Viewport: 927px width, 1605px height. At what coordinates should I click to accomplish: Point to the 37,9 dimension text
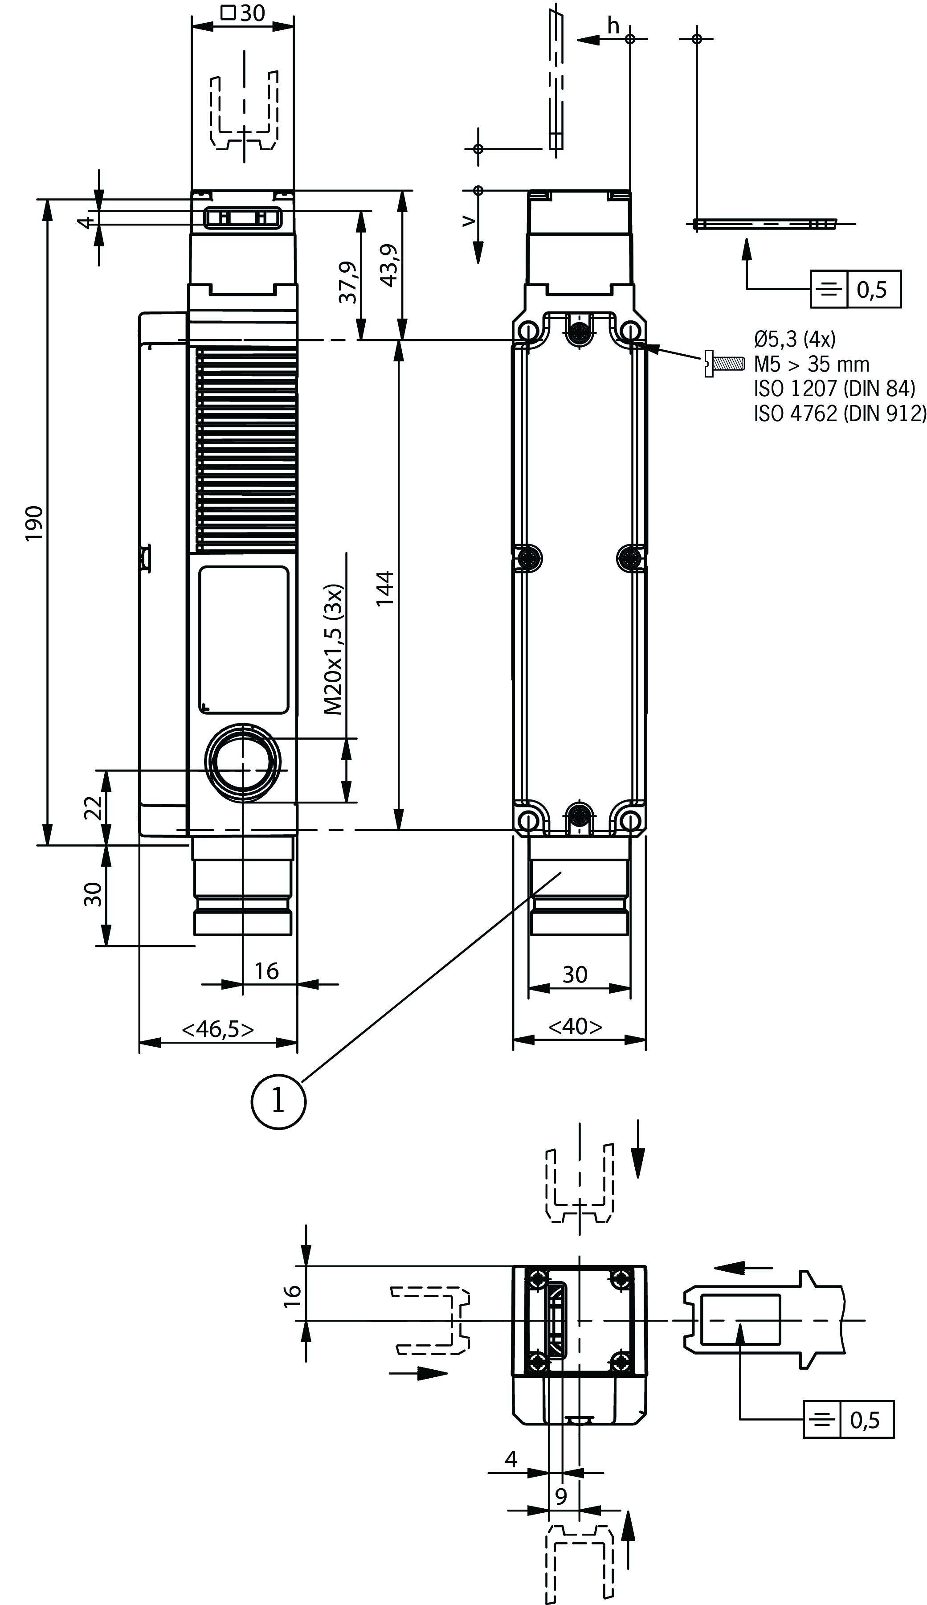click(347, 282)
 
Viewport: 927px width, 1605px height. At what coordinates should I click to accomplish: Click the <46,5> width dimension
click(218, 1029)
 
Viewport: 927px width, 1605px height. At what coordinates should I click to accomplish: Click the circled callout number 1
click(278, 1101)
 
